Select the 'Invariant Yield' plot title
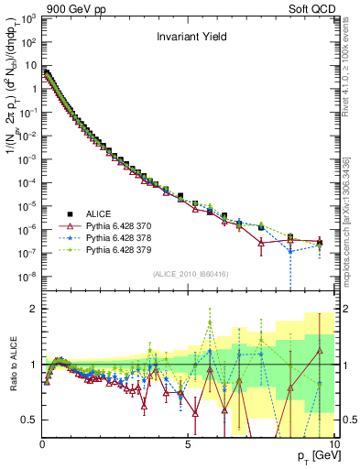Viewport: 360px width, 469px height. coord(190,38)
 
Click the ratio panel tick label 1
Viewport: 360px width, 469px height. coord(33,365)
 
